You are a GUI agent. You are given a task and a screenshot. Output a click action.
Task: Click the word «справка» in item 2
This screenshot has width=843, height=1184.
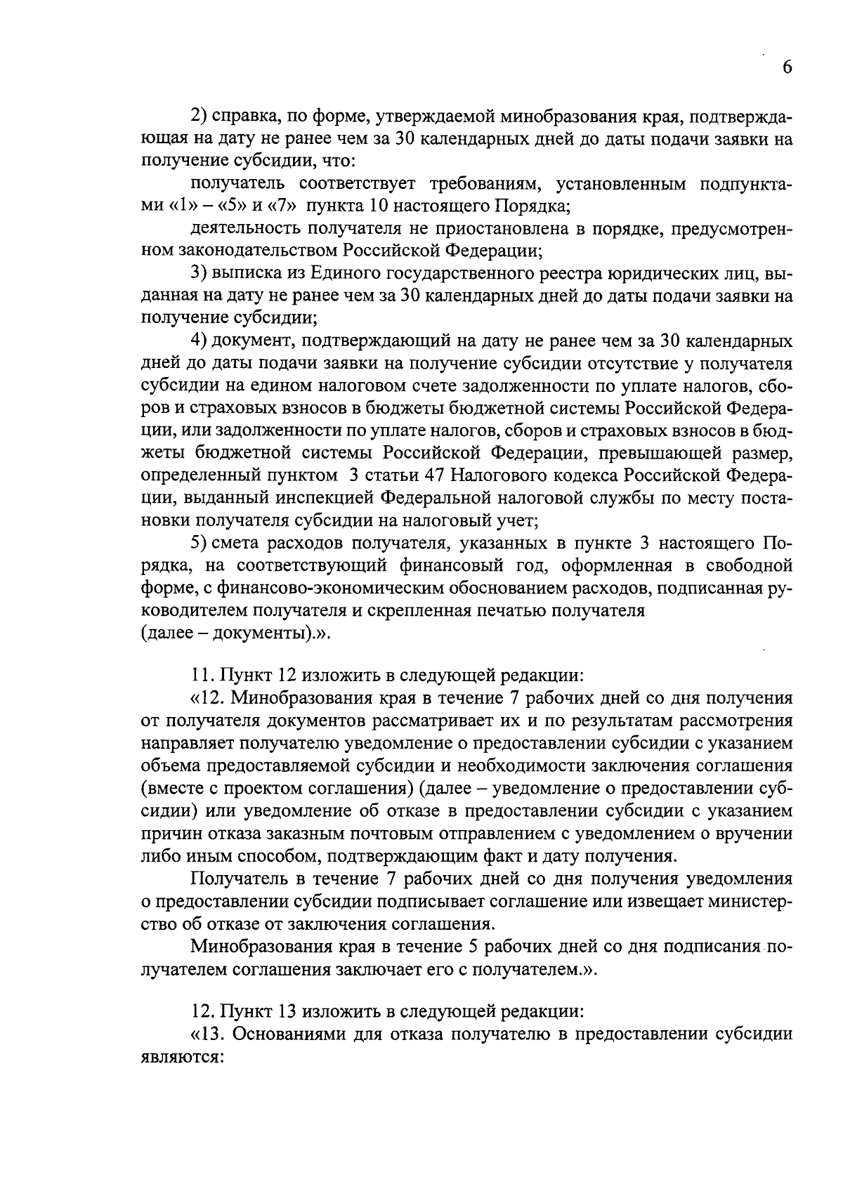click(240, 117)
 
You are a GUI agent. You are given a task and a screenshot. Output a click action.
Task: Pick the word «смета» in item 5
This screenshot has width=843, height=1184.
click(237, 544)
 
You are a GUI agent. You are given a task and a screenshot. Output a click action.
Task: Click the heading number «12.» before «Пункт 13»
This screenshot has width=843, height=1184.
click(204, 1013)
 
